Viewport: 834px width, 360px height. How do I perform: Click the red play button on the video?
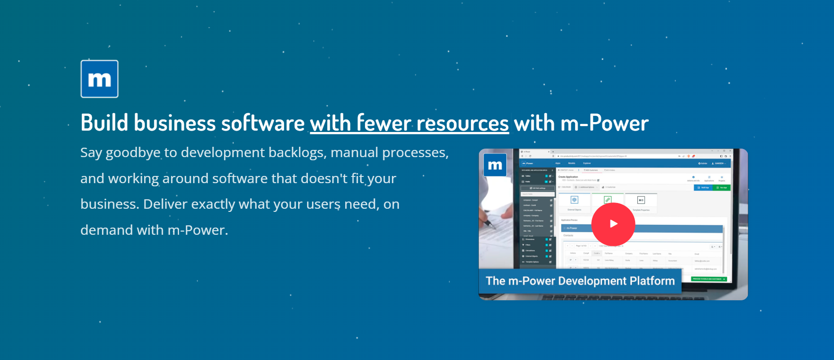pyautogui.click(x=613, y=224)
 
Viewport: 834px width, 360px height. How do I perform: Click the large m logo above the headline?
pyautogui.click(x=100, y=79)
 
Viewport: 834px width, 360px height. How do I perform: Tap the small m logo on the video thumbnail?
pyautogui.click(x=495, y=165)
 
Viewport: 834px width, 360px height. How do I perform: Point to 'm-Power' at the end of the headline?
pyautogui.click(x=605, y=123)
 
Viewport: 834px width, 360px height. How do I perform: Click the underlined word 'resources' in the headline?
pyautogui.click(x=462, y=123)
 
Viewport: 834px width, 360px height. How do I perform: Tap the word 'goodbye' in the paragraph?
pyautogui.click(x=133, y=153)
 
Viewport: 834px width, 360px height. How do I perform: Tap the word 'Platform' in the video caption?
pyautogui.click(x=652, y=281)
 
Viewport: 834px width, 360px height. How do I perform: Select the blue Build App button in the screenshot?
pyautogui.click(x=703, y=188)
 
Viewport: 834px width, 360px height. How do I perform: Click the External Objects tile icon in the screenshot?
pyautogui.click(x=574, y=200)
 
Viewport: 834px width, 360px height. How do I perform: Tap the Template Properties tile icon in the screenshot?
pyautogui.click(x=641, y=200)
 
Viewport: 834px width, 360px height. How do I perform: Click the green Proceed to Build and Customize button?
pyautogui.click(x=709, y=279)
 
